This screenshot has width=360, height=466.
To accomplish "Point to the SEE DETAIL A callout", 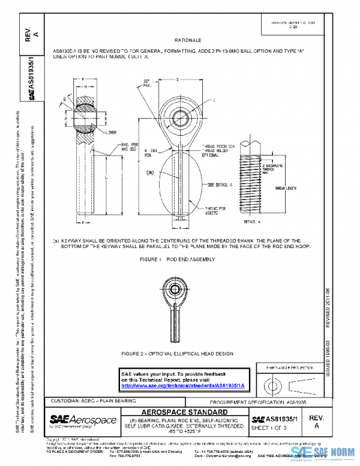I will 220,185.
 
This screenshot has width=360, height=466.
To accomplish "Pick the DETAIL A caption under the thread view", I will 253,222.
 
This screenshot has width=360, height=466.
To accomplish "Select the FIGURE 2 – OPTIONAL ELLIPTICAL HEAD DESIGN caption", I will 177,354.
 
